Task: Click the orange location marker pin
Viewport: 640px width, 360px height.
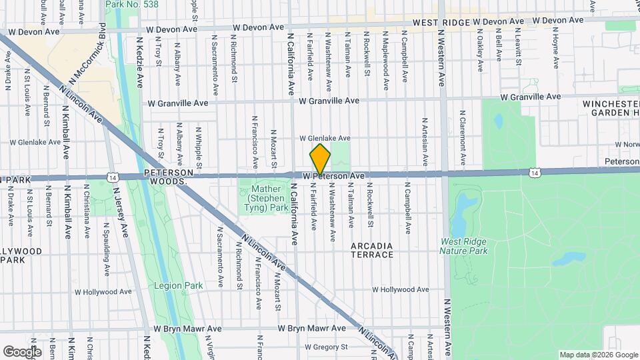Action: point(320,159)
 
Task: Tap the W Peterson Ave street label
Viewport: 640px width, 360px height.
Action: point(333,176)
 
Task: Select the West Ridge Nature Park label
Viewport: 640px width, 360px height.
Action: point(463,246)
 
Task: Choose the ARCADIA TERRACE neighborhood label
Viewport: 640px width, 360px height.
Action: point(372,251)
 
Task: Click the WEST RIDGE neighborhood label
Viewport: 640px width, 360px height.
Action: point(442,21)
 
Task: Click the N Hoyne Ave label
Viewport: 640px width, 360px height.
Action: point(555,48)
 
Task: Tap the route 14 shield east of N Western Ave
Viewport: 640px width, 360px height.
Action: point(534,173)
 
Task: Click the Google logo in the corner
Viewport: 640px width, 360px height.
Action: point(22,351)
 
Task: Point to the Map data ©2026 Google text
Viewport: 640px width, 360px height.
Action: point(597,355)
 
